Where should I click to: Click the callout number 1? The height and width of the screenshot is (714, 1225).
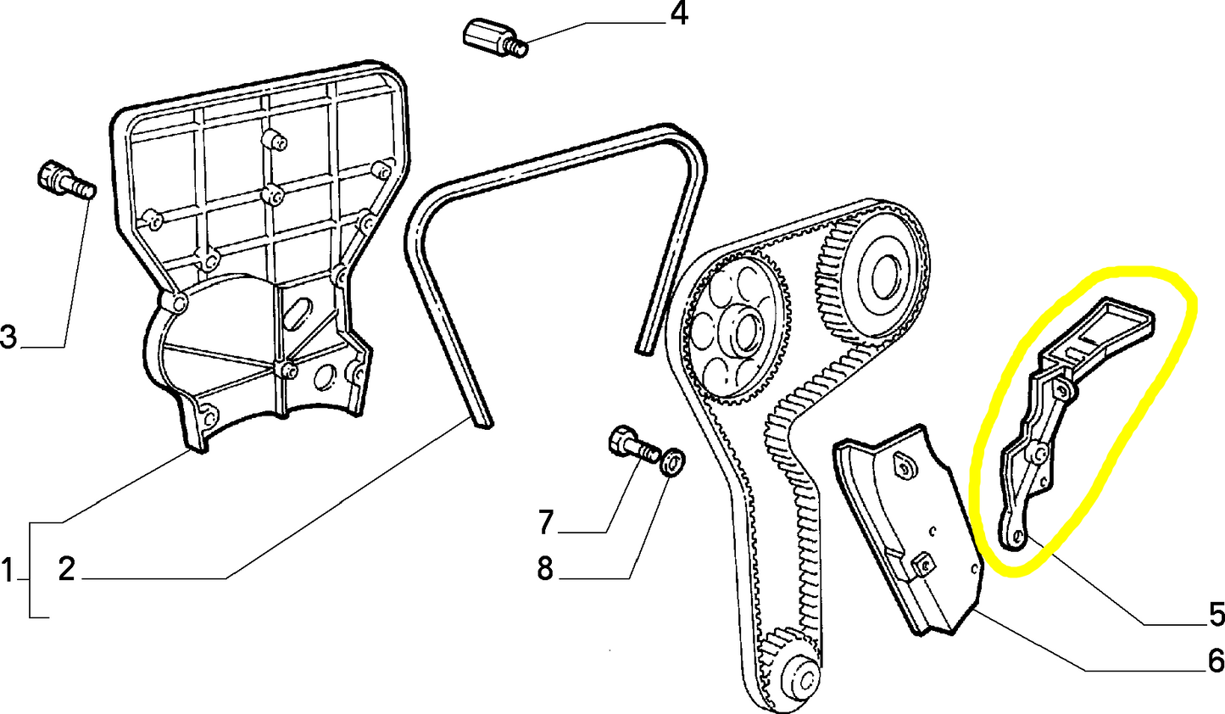(7, 570)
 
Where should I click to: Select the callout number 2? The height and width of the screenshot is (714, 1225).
(66, 570)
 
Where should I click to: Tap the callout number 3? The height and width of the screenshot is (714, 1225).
(8, 337)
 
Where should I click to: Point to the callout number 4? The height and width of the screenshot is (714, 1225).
(679, 14)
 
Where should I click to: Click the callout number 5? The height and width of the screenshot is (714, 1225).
(1215, 615)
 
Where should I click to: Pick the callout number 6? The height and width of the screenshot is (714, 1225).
(1215, 661)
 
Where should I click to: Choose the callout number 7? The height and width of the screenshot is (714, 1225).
(546, 522)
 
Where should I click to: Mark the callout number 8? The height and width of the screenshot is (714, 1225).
(545, 568)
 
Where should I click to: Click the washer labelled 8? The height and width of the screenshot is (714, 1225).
(673, 462)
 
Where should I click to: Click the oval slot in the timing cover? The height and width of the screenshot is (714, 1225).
(297, 313)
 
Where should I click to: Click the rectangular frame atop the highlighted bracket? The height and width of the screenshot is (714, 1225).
(1115, 327)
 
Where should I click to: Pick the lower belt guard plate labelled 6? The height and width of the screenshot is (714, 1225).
(909, 528)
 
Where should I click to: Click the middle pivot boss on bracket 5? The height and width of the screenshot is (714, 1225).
(1038, 452)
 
